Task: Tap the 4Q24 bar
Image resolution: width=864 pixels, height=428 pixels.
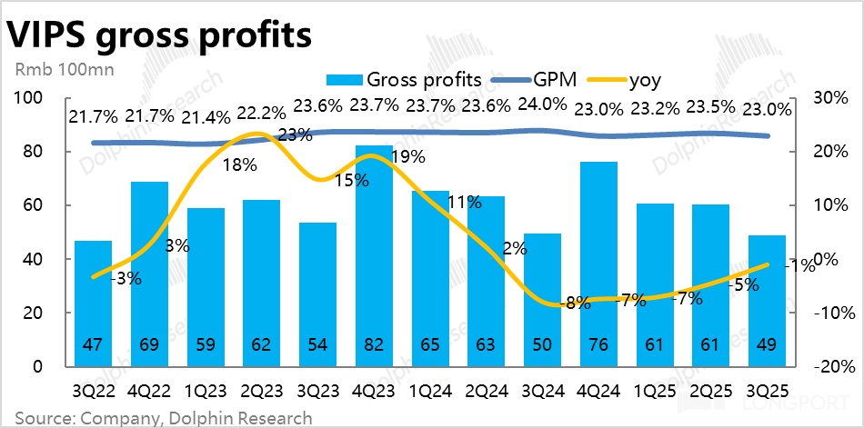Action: [598, 264]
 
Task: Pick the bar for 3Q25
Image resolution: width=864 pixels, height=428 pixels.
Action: [766, 300]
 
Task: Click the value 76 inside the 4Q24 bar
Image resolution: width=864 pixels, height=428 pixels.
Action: [598, 346]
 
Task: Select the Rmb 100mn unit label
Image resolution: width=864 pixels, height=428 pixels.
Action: [53, 68]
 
